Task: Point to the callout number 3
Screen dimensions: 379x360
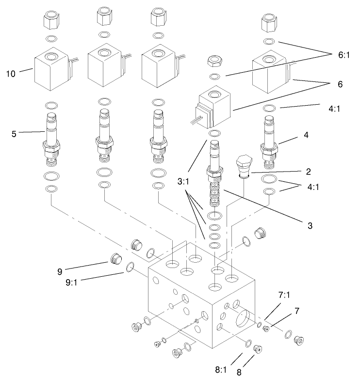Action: click(x=309, y=225)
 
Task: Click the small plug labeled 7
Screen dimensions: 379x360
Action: click(x=266, y=329)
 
